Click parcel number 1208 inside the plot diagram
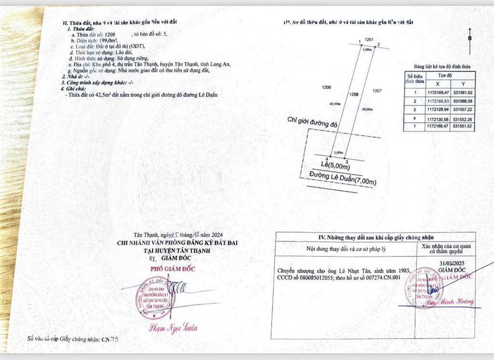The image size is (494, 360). click(354, 95)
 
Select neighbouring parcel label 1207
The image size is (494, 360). click(378, 90)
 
